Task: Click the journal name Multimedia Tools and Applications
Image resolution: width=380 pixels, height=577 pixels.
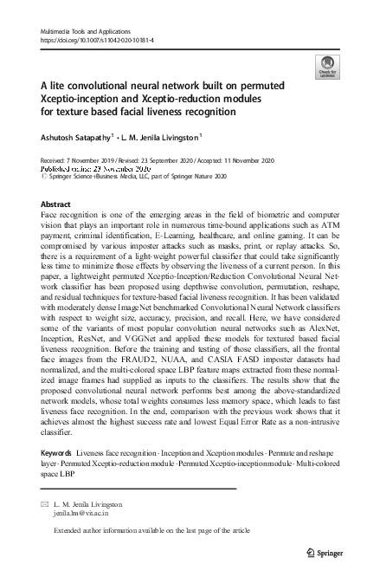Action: pyautogui.click(x=82, y=31)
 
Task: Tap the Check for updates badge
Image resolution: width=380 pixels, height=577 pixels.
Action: pyautogui.click(x=329, y=66)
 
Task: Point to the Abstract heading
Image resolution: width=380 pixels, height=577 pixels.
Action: pyautogui.click(x=56, y=204)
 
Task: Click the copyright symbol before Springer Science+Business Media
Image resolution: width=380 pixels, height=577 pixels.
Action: pyautogui.click(x=44, y=175)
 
